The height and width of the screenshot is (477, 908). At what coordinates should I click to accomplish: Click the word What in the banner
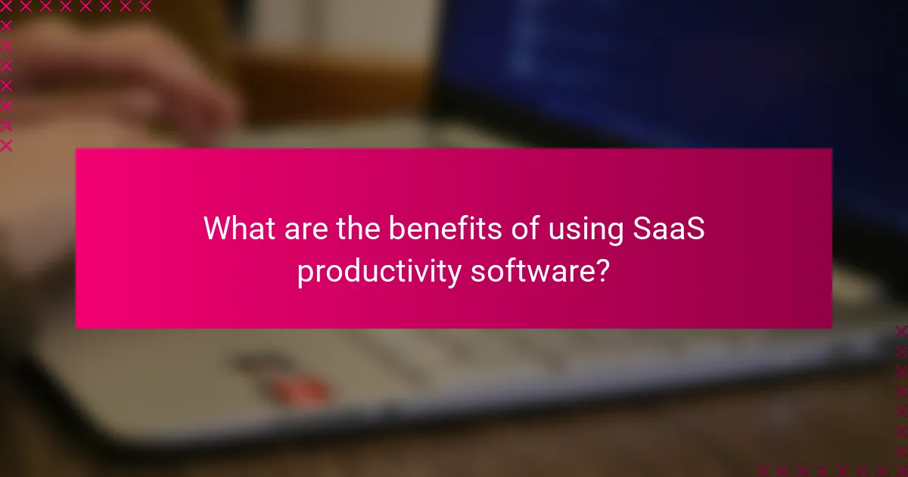[237, 229]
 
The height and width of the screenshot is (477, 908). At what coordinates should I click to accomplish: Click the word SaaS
[668, 229]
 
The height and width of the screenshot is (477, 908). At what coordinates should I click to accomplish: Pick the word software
[529, 270]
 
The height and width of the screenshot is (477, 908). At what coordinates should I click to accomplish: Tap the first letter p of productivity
[304, 274]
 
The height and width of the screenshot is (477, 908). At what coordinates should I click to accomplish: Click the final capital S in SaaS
[696, 229]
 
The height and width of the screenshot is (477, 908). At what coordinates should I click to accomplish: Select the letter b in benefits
[397, 229]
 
